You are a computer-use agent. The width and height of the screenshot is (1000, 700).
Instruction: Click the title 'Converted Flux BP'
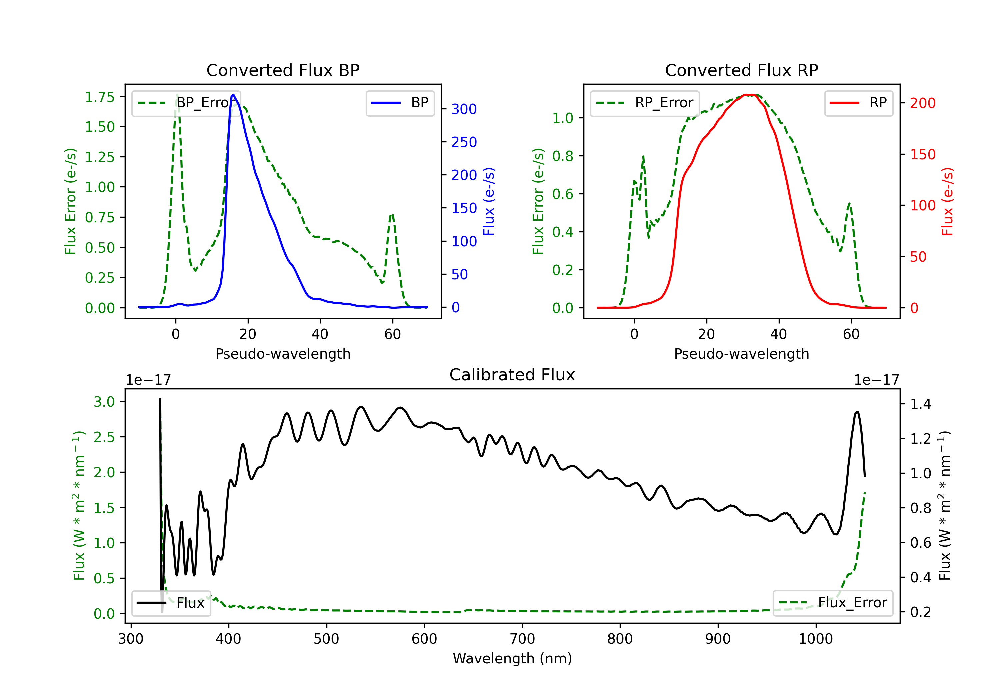283,70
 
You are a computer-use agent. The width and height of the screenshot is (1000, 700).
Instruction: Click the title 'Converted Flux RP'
742,70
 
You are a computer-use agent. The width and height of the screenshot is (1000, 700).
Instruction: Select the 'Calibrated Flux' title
512,375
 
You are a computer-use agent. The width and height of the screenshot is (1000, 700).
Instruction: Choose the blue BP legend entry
400,103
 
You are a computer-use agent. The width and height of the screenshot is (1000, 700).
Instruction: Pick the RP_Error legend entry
645,103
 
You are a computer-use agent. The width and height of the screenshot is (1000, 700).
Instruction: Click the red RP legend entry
858,103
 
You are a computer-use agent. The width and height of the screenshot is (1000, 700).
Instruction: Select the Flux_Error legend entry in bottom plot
833,603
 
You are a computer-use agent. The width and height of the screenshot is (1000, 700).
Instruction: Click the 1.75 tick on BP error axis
100,97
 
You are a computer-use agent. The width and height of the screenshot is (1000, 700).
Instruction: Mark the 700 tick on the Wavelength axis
522,639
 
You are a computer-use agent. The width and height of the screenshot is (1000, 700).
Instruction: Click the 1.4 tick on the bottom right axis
921,404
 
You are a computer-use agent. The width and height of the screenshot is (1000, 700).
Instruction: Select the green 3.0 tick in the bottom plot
104,402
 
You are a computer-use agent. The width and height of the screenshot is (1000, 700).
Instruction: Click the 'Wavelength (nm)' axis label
512,659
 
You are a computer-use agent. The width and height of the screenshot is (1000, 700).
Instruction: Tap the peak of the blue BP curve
233,95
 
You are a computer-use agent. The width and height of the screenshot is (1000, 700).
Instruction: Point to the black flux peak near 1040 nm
857,412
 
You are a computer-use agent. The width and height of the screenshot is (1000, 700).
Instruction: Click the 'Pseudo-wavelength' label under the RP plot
742,354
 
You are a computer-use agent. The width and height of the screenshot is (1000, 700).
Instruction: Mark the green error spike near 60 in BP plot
392,214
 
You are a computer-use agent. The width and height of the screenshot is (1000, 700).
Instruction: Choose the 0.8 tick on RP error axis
563,156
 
